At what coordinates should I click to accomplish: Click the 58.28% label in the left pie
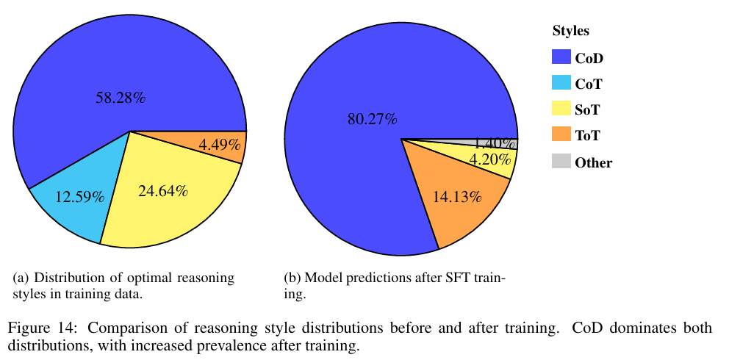tap(121, 97)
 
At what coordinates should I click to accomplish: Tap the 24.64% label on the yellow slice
tap(163, 192)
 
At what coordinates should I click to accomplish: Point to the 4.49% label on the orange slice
tap(220, 145)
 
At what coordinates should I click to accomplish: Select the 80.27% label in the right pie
tap(373, 118)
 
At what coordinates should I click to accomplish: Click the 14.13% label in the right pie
tap(456, 196)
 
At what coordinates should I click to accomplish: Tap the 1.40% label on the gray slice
tap(495, 143)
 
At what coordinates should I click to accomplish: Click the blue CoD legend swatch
tap(560, 57)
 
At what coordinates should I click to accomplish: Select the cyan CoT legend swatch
tap(560, 84)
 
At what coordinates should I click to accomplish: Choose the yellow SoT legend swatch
tap(560, 110)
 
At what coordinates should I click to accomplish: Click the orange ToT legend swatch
tap(560, 136)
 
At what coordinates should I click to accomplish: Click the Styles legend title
tap(571, 32)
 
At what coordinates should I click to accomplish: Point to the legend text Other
tap(594, 163)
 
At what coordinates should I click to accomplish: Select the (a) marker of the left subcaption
tap(21, 278)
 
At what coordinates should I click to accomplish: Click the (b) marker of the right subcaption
tap(292, 278)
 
